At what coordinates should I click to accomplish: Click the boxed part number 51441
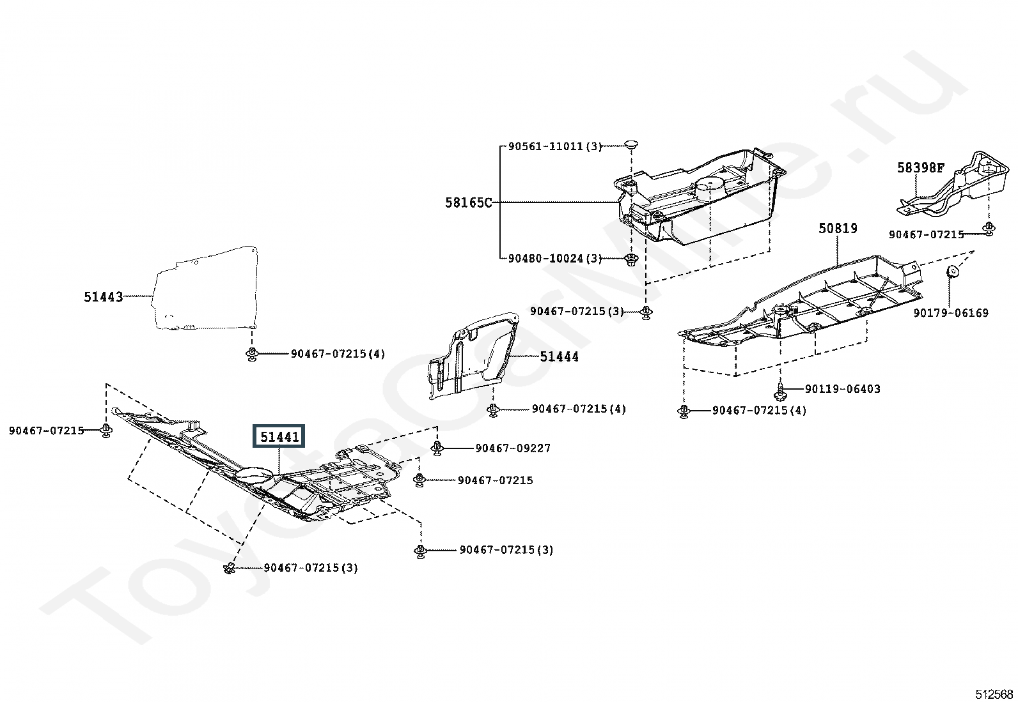[x=279, y=436]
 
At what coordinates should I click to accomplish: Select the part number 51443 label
[x=104, y=297]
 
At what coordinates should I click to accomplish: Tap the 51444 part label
[x=559, y=357]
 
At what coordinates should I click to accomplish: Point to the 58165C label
[x=469, y=202]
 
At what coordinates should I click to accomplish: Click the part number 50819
[x=838, y=228]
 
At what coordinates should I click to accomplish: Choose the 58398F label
[x=921, y=167]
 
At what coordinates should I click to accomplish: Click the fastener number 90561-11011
[x=545, y=146]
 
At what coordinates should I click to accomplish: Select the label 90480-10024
[x=545, y=258]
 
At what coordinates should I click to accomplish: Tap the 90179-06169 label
[x=951, y=313]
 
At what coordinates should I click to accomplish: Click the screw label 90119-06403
[x=843, y=389]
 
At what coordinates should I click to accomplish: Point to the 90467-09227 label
[x=513, y=448]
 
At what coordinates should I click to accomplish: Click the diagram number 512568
[x=994, y=694]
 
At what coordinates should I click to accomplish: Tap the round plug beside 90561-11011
[x=630, y=144]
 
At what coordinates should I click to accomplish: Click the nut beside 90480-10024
[x=631, y=260]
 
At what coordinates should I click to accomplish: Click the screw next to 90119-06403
[x=780, y=392]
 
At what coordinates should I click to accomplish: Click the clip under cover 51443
[x=251, y=354]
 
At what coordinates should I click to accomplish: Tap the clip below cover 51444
[x=492, y=410]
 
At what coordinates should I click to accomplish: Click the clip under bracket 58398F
[x=987, y=229]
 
